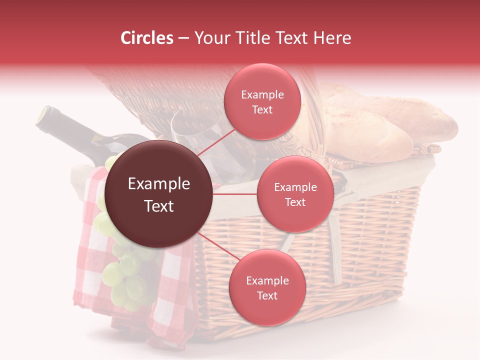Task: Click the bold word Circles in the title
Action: click(x=147, y=38)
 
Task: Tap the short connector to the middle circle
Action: click(x=234, y=194)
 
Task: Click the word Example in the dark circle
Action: click(x=158, y=184)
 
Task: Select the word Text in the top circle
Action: click(x=262, y=109)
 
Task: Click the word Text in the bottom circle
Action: click(x=267, y=295)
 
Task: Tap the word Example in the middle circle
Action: click(x=295, y=187)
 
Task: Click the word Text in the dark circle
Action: click(x=158, y=206)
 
